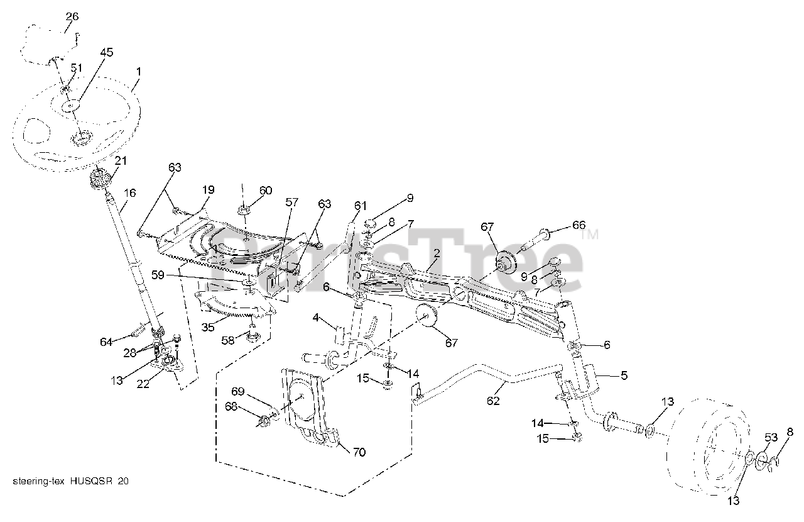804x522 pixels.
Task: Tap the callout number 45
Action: (x=106, y=53)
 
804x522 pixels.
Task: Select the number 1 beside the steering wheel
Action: (x=138, y=72)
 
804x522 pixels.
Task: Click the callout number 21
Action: (x=120, y=161)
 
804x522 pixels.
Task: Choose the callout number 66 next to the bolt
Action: (x=578, y=225)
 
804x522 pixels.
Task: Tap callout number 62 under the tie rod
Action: (x=494, y=401)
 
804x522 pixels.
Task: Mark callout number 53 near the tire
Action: (x=771, y=437)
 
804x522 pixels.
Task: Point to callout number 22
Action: (x=144, y=384)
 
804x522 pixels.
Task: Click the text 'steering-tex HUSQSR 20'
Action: (x=71, y=481)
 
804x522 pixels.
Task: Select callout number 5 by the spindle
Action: (x=624, y=375)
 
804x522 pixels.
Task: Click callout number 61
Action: (x=360, y=206)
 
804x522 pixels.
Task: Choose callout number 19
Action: (x=208, y=189)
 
